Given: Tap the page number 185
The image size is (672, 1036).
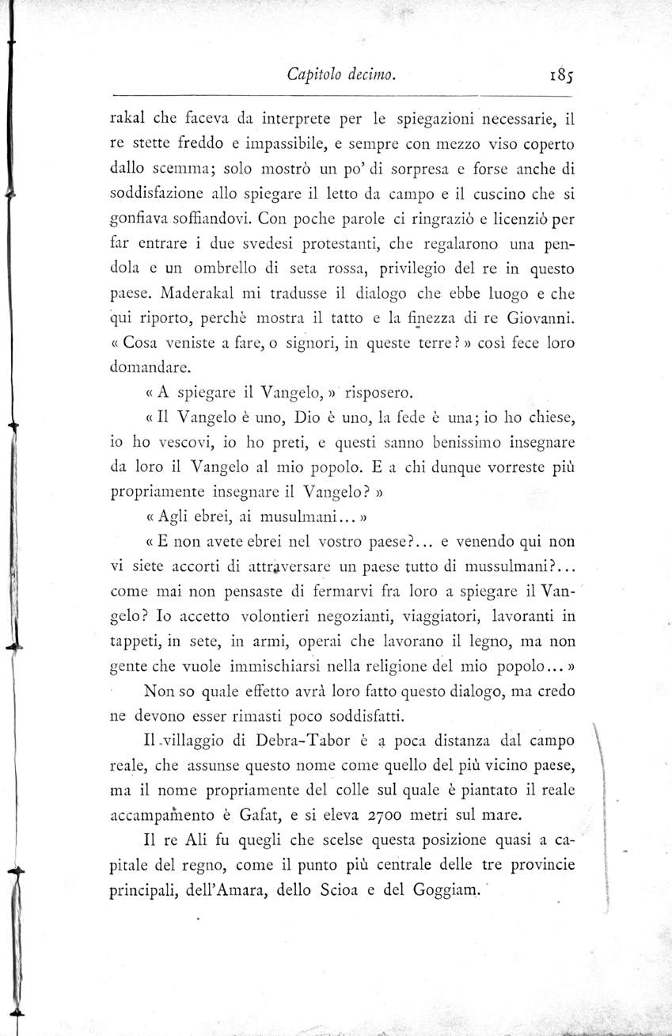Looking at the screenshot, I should pyautogui.click(x=549, y=77).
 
